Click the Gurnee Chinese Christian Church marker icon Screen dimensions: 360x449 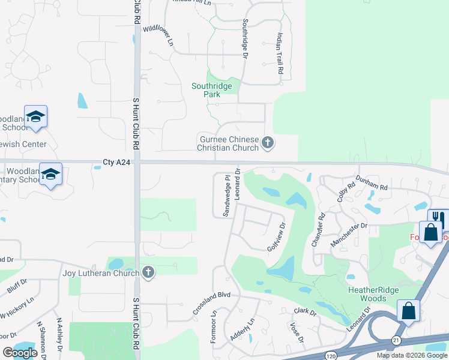[x=268, y=143]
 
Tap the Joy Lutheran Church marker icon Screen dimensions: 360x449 [x=148, y=273]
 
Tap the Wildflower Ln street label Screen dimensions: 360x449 [x=158, y=34]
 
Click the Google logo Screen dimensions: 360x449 [x=20, y=353]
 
